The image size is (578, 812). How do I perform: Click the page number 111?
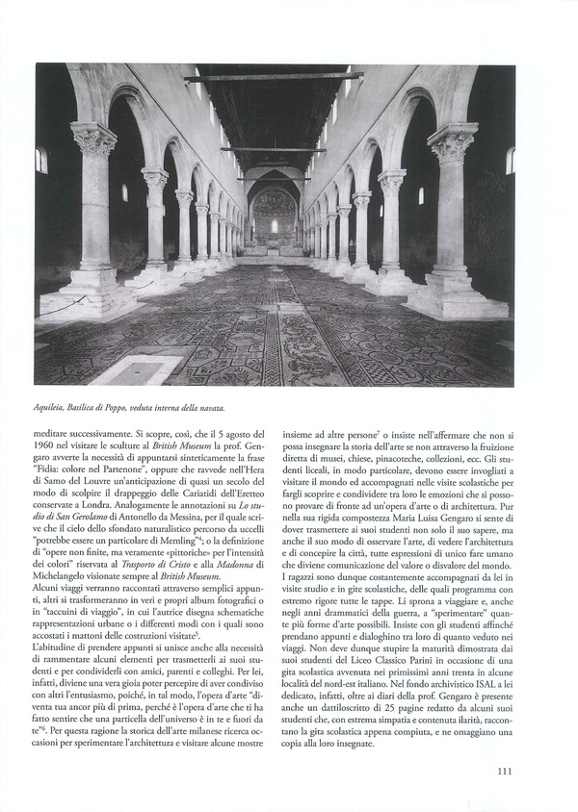505,770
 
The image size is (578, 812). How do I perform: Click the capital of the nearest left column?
93,140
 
